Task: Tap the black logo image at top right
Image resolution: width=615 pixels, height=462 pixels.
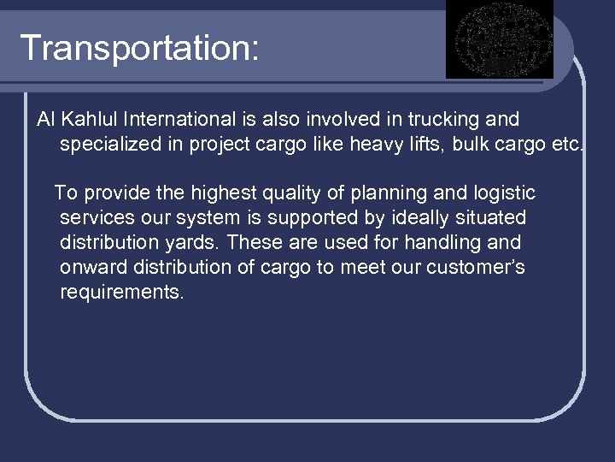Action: coord(501,38)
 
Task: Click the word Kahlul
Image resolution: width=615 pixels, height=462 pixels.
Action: coord(90,119)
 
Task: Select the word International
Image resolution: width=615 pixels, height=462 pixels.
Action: coord(188,119)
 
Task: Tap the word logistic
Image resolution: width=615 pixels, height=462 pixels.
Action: coord(502,193)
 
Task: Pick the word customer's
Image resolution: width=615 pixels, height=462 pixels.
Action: coord(477,268)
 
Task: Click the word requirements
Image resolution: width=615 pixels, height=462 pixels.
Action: coord(122,293)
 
